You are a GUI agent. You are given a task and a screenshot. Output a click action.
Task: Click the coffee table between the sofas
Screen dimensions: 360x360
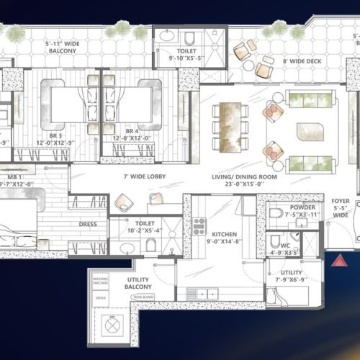point(310,132)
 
